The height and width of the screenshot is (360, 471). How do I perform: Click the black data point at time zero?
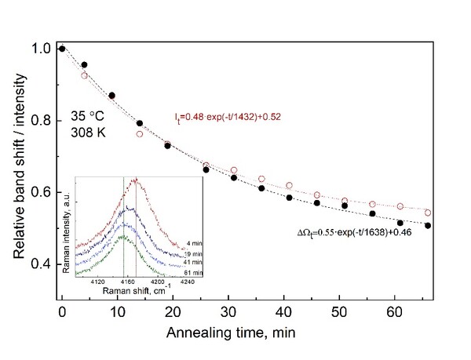pyautogui.click(x=61, y=49)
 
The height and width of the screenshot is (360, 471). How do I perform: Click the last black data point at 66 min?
pyautogui.click(x=428, y=225)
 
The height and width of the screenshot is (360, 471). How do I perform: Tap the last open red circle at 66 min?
pyautogui.click(x=428, y=213)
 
